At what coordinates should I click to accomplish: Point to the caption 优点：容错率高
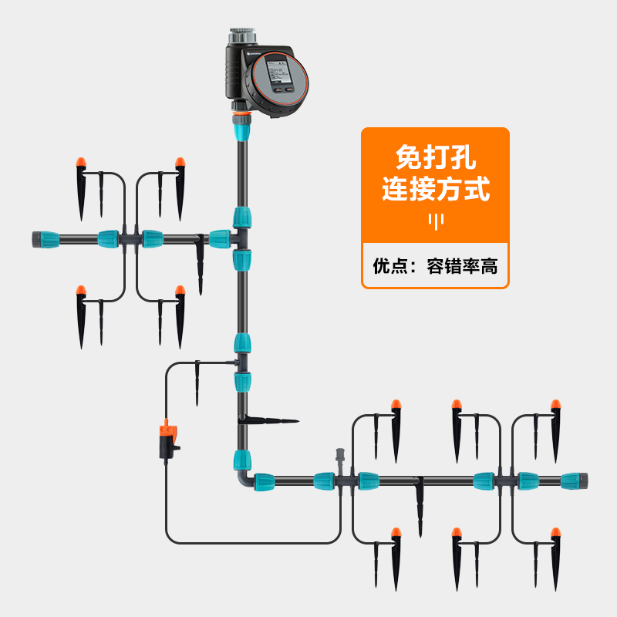point(435,267)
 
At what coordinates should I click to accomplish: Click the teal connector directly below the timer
point(241,129)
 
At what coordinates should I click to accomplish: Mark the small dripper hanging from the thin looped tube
point(198,382)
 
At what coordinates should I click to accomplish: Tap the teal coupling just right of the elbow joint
point(264,482)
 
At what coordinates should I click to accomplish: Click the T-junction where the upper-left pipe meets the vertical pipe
point(242,238)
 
